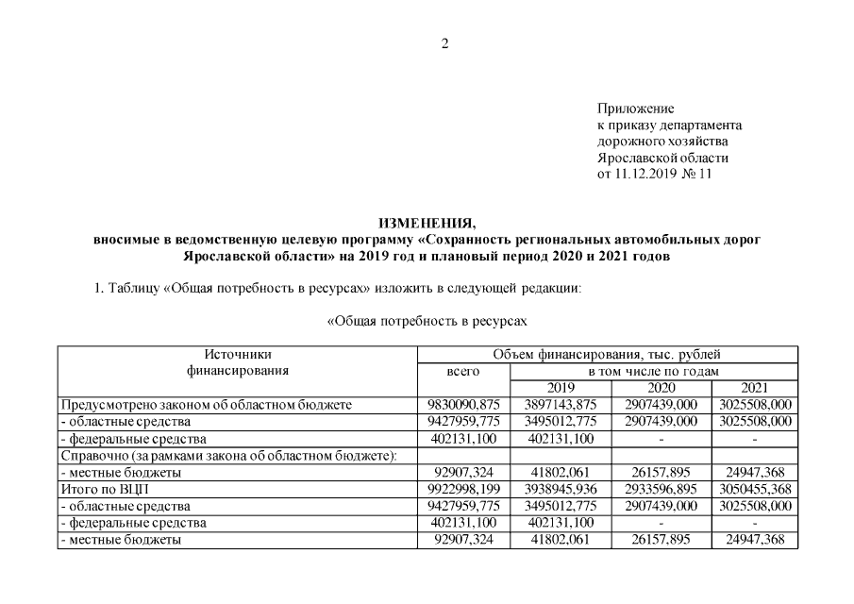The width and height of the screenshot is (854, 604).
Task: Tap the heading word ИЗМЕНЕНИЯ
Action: tap(427, 224)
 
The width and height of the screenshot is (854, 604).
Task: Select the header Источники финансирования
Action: tap(237, 363)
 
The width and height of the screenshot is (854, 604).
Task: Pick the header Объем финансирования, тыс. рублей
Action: tap(607, 355)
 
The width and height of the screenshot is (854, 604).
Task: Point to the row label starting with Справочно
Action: tap(227, 456)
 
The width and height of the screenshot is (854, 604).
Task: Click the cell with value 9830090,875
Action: tap(462, 405)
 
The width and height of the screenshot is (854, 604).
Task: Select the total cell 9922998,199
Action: tap(462, 490)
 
